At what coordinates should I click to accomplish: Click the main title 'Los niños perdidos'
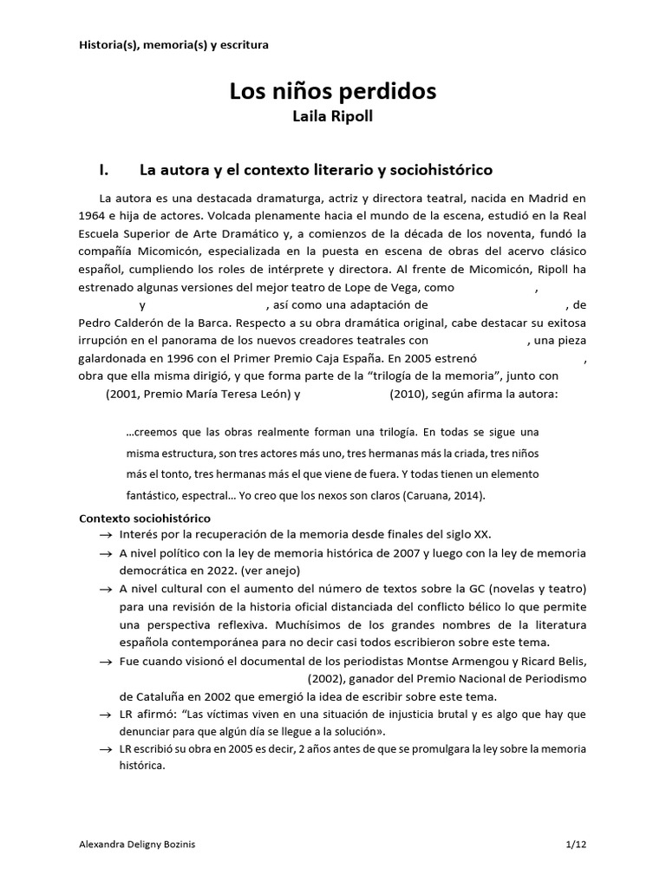click(x=332, y=91)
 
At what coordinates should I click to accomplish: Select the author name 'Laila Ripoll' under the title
click(x=332, y=117)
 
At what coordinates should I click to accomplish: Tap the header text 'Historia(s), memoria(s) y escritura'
click(x=173, y=45)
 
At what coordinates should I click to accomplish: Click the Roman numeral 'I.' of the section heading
click(x=108, y=166)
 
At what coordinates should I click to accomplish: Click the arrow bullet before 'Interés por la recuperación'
click(x=106, y=535)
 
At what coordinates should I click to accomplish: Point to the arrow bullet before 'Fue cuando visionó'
click(x=106, y=660)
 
